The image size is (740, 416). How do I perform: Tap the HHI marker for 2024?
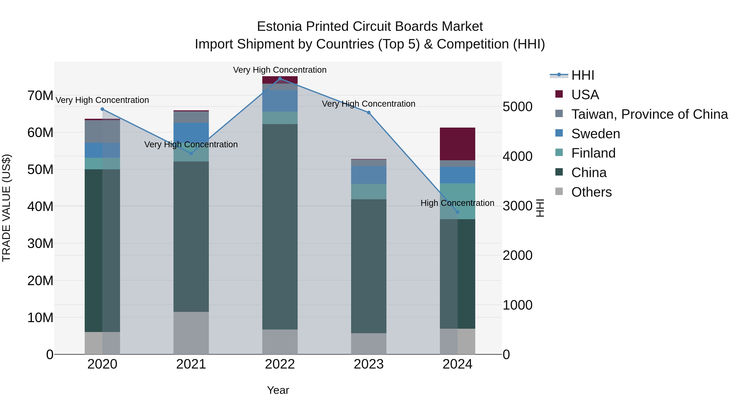pyautogui.click(x=457, y=212)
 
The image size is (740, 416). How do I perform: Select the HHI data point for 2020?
pyautogui.click(x=102, y=109)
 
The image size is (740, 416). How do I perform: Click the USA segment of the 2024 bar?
pyautogui.click(x=457, y=144)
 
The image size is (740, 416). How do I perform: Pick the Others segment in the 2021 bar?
pyautogui.click(x=191, y=333)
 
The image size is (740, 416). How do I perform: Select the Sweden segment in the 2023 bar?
pyautogui.click(x=369, y=175)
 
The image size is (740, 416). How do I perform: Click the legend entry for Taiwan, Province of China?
pyautogui.click(x=649, y=114)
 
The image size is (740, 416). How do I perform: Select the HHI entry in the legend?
pyautogui.click(x=582, y=75)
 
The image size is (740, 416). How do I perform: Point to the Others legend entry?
pyautogui.click(x=591, y=192)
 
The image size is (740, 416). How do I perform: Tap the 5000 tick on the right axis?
pyautogui.click(x=517, y=107)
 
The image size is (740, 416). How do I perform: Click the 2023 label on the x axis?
pyautogui.click(x=369, y=364)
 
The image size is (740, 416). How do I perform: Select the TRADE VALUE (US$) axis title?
pyautogui.click(x=6, y=208)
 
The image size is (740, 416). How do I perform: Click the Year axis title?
pyautogui.click(x=278, y=390)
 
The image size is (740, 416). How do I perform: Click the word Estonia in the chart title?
pyautogui.click(x=280, y=27)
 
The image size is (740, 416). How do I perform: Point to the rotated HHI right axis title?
pyautogui.click(x=540, y=208)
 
